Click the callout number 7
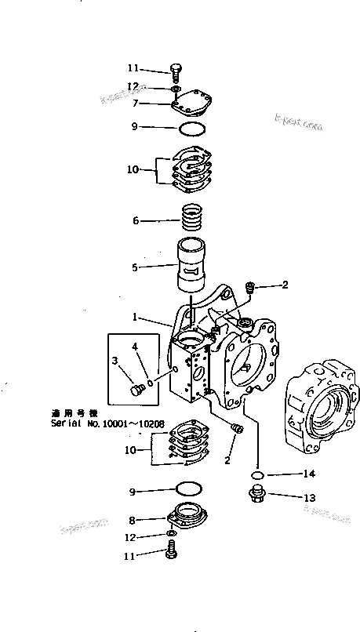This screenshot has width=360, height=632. [x=136, y=103]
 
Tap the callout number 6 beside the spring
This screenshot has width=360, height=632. [x=136, y=221]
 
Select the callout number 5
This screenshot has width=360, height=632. [x=135, y=267]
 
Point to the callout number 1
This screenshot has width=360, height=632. [x=135, y=318]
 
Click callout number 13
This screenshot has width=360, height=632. [x=309, y=496]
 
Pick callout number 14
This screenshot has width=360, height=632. [x=309, y=474]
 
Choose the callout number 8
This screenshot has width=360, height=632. [x=133, y=519]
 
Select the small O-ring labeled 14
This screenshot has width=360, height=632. [x=256, y=475]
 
